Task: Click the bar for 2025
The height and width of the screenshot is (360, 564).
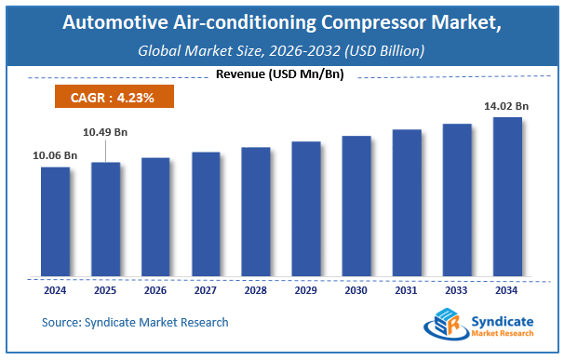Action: coord(105,220)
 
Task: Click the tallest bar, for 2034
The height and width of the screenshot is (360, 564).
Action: coord(507,197)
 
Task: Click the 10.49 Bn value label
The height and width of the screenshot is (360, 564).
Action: coord(104,133)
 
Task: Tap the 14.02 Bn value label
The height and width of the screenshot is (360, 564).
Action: coord(506,107)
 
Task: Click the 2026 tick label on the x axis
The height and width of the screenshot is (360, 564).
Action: coord(155,290)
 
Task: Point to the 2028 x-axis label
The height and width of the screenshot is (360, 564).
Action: coord(256,290)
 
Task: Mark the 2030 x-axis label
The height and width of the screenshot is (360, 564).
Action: coord(356,290)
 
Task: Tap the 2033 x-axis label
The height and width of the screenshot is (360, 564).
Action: coord(457,290)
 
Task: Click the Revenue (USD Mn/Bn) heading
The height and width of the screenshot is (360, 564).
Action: coord(279,73)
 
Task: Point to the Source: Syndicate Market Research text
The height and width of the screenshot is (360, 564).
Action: coord(135,322)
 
